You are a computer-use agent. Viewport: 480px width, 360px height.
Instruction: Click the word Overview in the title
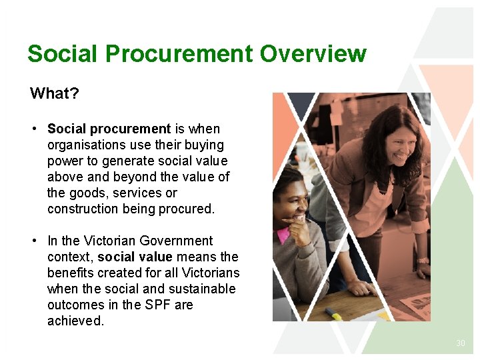click(313, 53)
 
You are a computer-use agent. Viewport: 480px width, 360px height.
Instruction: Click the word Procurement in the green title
click(178, 53)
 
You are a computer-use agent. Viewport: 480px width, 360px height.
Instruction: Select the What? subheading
click(55, 93)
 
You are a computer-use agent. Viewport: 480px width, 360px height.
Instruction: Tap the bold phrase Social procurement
click(109, 129)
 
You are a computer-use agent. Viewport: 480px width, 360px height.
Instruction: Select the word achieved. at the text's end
click(76, 321)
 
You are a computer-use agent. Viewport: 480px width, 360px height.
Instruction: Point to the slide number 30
click(460, 343)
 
